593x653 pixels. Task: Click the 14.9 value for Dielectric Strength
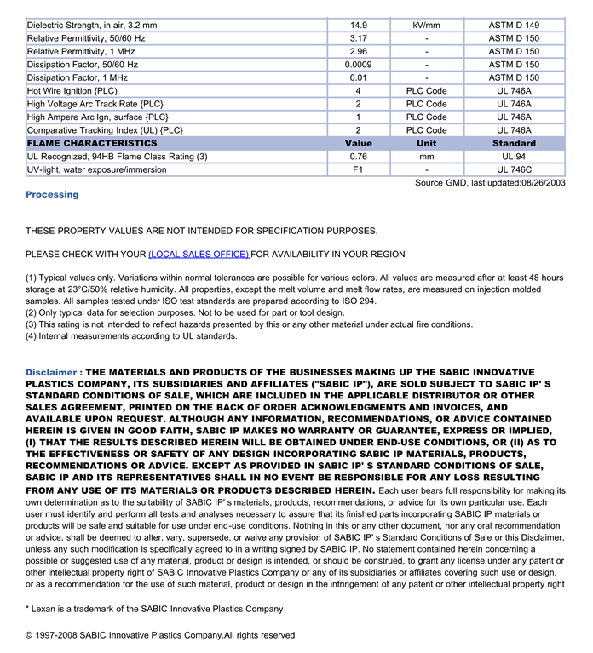pyautogui.click(x=358, y=26)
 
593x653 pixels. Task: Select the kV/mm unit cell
pyautogui.click(x=426, y=26)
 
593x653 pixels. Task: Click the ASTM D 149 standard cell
pyautogui.click(x=514, y=26)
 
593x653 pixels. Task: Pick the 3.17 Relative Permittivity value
pyautogui.click(x=358, y=38)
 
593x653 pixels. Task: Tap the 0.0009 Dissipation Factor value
pyautogui.click(x=358, y=65)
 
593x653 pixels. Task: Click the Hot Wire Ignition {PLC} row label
pyautogui.click(x=72, y=91)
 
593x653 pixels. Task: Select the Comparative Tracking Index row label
pyautogui.click(x=105, y=130)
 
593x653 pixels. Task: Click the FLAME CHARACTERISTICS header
pyautogui.click(x=92, y=144)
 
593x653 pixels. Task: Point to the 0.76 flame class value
pyautogui.click(x=358, y=157)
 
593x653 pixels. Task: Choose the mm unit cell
pyautogui.click(x=426, y=157)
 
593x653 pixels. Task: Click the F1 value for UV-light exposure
pyautogui.click(x=358, y=169)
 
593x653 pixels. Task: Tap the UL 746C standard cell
pyautogui.click(x=514, y=169)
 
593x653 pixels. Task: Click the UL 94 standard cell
pyautogui.click(x=514, y=157)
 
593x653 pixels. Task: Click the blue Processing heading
pyautogui.click(x=52, y=194)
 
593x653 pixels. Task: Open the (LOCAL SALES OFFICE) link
pyautogui.click(x=199, y=254)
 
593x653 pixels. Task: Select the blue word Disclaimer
pyautogui.click(x=54, y=372)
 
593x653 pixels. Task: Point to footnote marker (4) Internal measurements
pyautogui.click(x=32, y=336)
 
